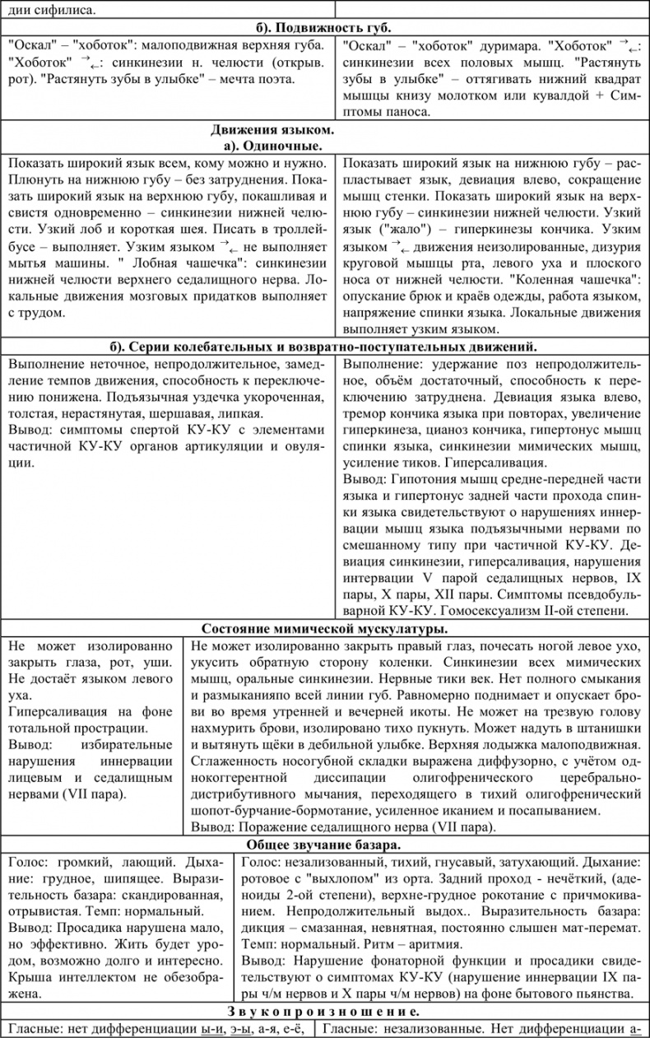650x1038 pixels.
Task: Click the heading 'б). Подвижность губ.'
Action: (325, 28)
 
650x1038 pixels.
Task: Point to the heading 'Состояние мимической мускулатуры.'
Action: (324, 628)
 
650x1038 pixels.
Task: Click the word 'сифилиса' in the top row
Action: (62, 11)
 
